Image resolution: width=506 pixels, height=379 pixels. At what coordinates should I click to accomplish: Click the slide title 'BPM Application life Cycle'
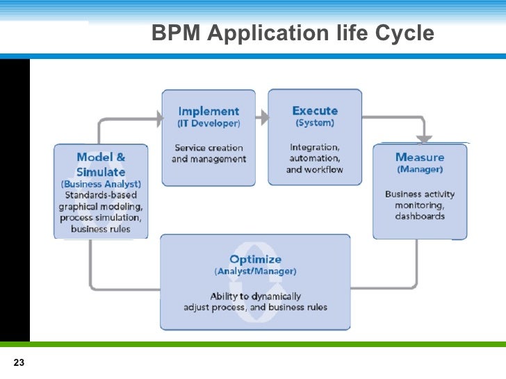pyautogui.click(x=293, y=33)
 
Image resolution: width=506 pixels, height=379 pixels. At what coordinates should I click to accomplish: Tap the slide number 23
pyautogui.click(x=19, y=363)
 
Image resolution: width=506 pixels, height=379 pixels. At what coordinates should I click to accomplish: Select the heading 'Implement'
pyautogui.click(x=209, y=111)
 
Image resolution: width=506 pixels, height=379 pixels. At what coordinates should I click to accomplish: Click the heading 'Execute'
pyautogui.click(x=315, y=110)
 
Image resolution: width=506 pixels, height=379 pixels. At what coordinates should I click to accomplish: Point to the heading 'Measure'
pyautogui.click(x=419, y=157)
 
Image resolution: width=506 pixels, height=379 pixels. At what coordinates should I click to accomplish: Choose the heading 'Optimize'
pyautogui.click(x=255, y=260)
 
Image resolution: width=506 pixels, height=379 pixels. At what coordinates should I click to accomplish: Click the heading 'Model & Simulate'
pyautogui.click(x=101, y=165)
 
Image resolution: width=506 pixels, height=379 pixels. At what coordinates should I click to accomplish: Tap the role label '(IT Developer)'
pyautogui.click(x=209, y=124)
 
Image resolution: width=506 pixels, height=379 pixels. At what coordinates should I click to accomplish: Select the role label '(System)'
pyautogui.click(x=315, y=123)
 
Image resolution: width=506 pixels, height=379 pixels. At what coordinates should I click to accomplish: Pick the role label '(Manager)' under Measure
pyautogui.click(x=419, y=169)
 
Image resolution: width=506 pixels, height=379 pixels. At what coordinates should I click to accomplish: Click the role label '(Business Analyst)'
pyautogui.click(x=101, y=184)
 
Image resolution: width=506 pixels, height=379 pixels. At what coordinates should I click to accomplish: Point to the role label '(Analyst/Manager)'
pyautogui.click(x=255, y=271)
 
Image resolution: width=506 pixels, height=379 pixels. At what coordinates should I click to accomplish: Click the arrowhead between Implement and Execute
pyautogui.click(x=262, y=117)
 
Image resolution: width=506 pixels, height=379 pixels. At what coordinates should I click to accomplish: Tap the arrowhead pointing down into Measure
pyautogui.click(x=425, y=139)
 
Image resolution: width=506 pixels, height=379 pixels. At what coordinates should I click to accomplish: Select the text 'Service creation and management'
pyautogui.click(x=209, y=153)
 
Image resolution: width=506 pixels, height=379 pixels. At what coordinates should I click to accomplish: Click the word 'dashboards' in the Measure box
pyautogui.click(x=419, y=217)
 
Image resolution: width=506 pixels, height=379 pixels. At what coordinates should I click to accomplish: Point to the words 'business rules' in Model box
pyautogui.click(x=101, y=229)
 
